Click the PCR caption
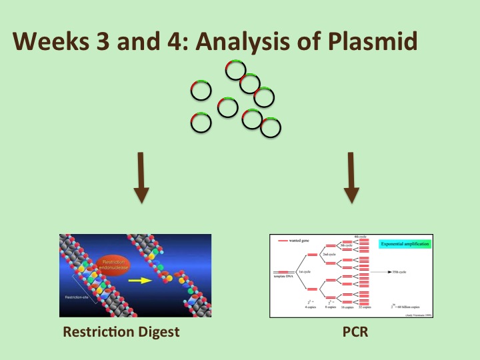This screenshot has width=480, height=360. tap(351, 331)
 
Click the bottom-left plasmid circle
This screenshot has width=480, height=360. tap(201, 122)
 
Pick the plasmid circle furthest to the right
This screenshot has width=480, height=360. tap(271, 127)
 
